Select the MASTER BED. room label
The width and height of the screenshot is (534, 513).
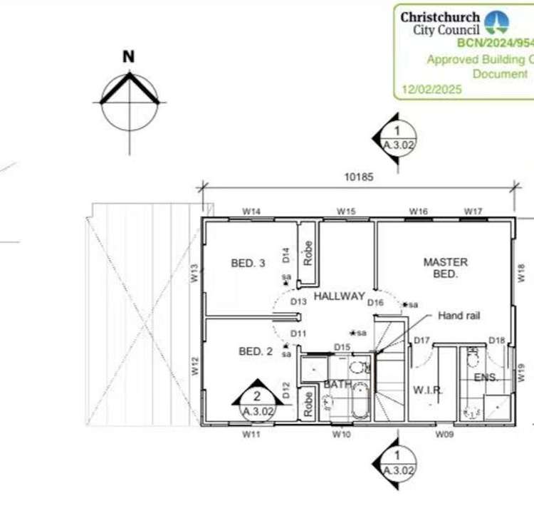445,267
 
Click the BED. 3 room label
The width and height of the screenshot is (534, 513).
248,264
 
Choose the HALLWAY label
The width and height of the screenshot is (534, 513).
339,296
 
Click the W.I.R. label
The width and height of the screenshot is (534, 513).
428,390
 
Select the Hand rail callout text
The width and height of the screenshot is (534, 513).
460,315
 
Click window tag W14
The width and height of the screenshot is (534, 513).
251,212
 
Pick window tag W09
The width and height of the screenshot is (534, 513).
444,433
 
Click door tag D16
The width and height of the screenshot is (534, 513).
376,303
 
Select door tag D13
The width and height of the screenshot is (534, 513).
298,301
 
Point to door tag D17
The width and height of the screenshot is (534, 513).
422,341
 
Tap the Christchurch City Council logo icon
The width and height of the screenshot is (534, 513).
496,22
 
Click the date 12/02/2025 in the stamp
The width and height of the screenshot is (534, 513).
431,90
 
